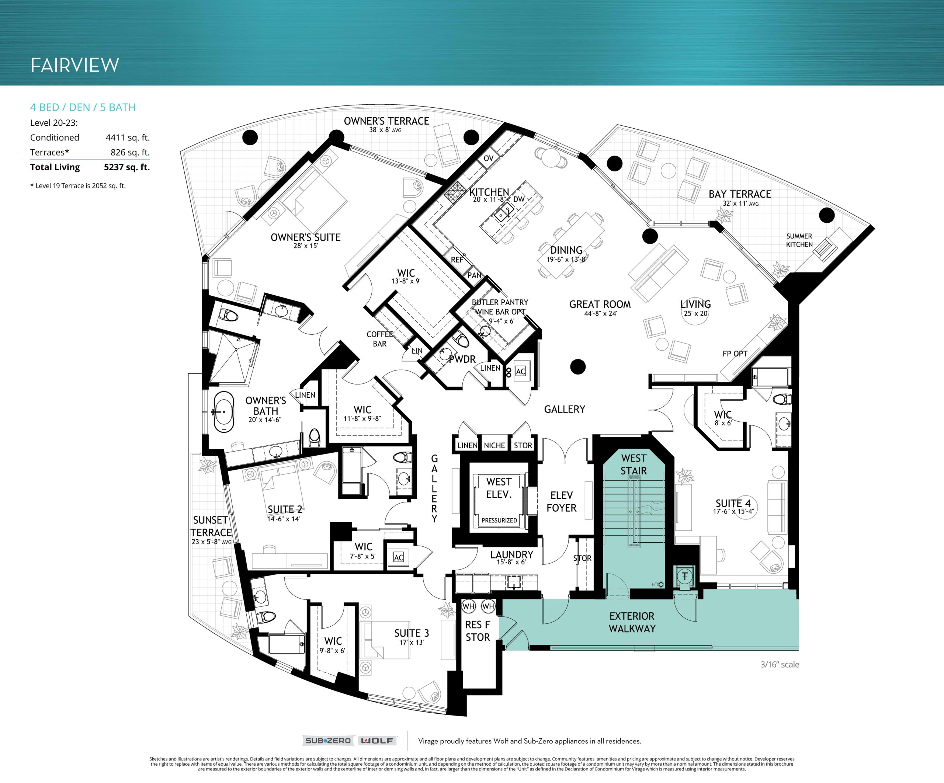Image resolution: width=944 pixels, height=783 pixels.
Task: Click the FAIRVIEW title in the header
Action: [74, 65]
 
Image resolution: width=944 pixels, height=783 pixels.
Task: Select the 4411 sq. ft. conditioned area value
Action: [128, 138]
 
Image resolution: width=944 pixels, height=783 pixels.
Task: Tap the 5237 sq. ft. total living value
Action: [127, 167]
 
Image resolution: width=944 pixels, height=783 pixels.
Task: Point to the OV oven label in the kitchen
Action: [489, 158]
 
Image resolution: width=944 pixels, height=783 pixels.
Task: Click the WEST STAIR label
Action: [634, 464]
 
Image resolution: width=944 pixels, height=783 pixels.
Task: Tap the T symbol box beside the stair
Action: [685, 576]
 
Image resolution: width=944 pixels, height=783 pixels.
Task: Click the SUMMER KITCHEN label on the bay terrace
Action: [799, 240]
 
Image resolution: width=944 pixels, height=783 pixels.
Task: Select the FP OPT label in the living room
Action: [735, 354]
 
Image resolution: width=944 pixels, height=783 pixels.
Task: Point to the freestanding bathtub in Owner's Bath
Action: [224, 412]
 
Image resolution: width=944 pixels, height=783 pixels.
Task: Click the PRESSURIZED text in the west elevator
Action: [499, 520]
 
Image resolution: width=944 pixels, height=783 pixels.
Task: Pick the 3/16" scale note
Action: [780, 664]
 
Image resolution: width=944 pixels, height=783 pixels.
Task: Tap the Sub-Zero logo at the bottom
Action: [328, 741]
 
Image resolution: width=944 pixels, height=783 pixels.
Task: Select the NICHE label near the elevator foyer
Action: [494, 445]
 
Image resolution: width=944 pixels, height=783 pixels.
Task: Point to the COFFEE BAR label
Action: [379, 339]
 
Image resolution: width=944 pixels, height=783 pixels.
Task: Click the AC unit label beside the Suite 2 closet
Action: [398, 557]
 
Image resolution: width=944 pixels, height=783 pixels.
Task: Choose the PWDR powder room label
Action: [462, 359]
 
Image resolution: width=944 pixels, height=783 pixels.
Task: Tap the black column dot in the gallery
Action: [578, 367]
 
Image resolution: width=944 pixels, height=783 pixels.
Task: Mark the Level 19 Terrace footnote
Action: [78, 186]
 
